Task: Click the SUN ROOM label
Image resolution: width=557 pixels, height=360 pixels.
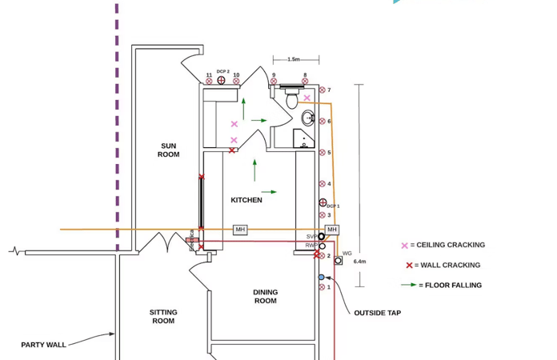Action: [x=168, y=150]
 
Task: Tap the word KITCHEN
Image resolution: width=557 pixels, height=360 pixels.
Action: [x=246, y=200]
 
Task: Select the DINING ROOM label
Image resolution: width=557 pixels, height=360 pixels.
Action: [x=266, y=297]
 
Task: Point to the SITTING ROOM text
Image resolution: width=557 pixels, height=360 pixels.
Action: [x=163, y=317]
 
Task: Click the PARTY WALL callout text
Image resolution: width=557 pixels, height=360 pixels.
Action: [x=44, y=345]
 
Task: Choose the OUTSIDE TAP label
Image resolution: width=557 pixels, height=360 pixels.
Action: [x=378, y=313]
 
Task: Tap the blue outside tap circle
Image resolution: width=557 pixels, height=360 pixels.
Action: [x=322, y=278]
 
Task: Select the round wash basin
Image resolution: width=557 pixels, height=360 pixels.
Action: [x=309, y=119]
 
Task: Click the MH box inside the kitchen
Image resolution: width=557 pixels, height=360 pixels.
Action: [x=240, y=230]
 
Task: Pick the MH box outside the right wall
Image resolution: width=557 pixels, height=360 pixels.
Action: [x=331, y=230]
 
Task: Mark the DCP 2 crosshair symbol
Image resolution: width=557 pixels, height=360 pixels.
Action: [x=222, y=80]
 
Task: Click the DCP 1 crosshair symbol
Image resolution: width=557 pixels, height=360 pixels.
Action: [x=323, y=203]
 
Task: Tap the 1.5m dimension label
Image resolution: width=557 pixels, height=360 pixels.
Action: [x=294, y=59]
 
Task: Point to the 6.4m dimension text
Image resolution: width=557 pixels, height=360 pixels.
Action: [x=359, y=262]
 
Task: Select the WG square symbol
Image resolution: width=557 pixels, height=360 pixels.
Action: [x=339, y=261]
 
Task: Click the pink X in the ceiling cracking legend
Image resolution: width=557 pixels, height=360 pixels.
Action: [x=405, y=246]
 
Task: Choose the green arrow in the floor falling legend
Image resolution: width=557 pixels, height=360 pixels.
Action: [x=409, y=285]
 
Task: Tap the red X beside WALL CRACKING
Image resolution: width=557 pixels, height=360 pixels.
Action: [x=409, y=266]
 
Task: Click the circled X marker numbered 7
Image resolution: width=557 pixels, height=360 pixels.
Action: [x=323, y=90]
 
